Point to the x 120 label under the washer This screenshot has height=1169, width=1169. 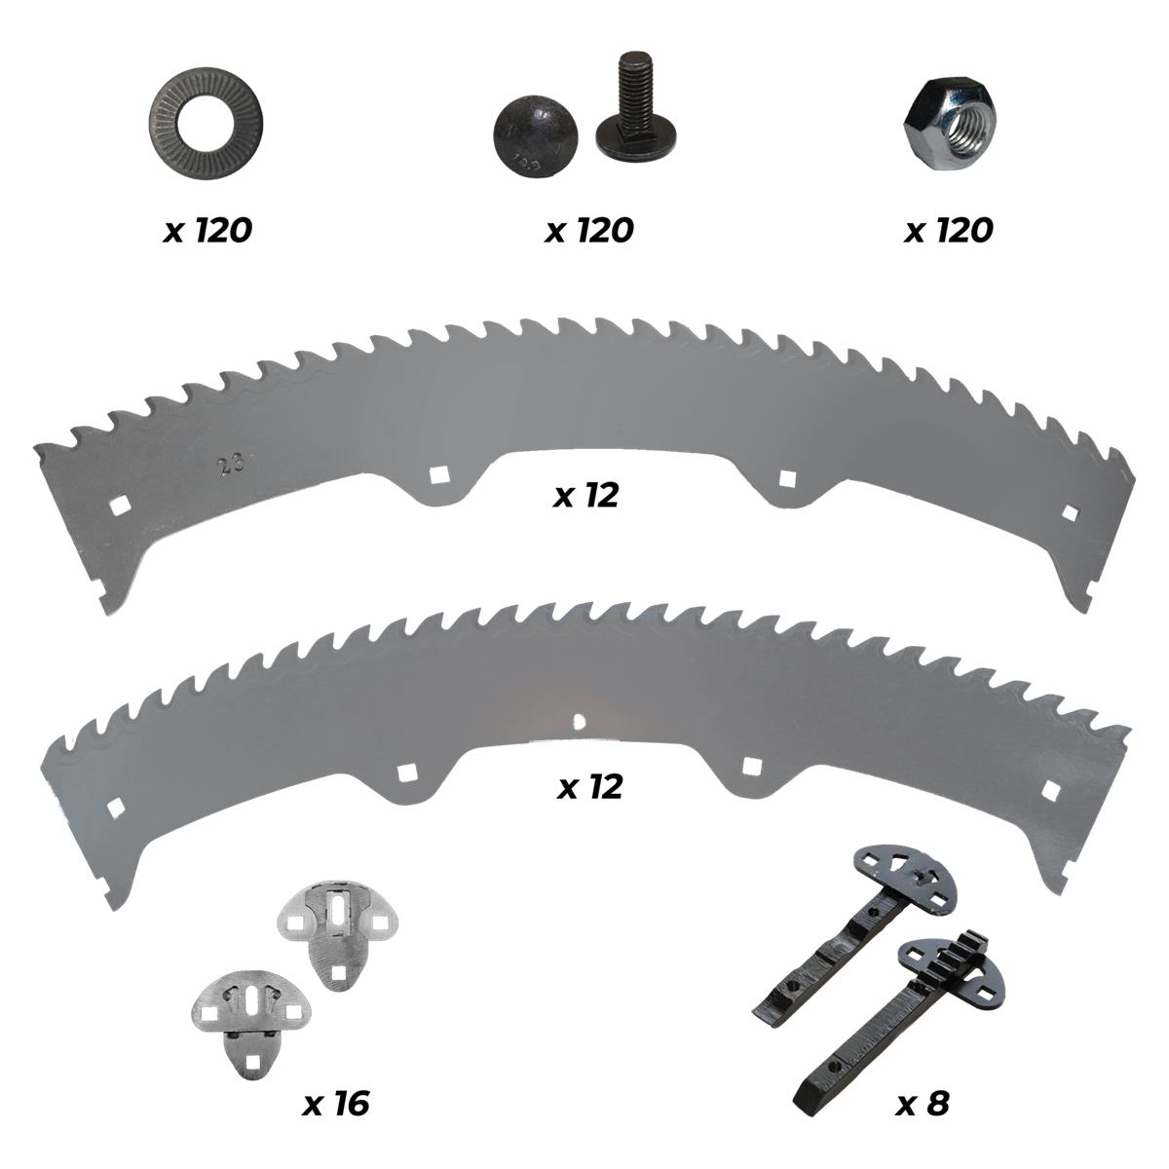207,231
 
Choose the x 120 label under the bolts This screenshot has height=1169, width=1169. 589,231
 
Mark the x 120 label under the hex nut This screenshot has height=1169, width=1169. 948,231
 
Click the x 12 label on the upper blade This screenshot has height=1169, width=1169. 586,495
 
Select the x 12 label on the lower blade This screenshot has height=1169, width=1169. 589,787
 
